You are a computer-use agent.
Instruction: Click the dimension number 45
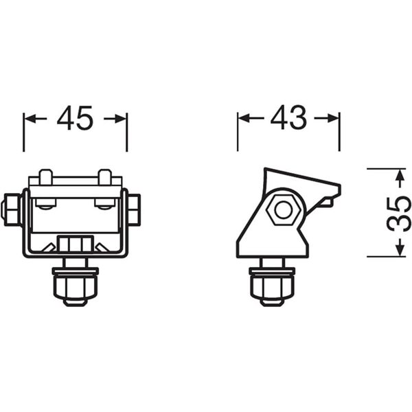point(75,119)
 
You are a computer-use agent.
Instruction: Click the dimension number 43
point(288,119)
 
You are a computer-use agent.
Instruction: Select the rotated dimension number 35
point(398,214)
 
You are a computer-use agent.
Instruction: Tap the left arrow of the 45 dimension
point(34,119)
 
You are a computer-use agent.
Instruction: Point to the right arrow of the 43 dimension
point(328,119)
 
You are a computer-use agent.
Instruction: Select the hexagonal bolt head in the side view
point(282,209)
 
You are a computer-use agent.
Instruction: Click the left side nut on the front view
point(12,209)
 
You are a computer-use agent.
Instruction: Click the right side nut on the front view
point(135,209)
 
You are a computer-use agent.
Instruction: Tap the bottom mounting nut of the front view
point(75,285)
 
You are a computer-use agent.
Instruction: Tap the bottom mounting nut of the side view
point(273,285)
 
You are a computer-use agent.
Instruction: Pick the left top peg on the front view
point(45,176)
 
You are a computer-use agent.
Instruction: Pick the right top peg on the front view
point(104,176)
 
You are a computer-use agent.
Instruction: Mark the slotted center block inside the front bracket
point(75,244)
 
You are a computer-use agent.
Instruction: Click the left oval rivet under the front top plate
point(46,205)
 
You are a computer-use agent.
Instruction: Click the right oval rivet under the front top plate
point(104,205)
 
